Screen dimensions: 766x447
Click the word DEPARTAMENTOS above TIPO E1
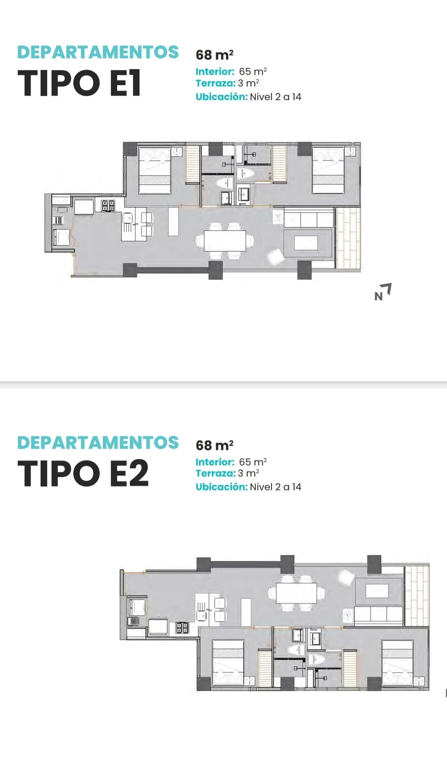98,52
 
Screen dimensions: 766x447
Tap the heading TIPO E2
83,474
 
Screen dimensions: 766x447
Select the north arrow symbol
383,292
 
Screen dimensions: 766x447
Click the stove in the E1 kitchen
108,205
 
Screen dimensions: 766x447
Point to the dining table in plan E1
225,240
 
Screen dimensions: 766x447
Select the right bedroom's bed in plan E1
328,170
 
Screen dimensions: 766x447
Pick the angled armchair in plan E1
275,256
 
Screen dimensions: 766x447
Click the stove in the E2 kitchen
182,628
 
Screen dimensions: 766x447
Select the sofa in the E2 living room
378,616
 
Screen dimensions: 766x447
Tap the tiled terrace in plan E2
417,596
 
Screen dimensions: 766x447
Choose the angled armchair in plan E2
346,577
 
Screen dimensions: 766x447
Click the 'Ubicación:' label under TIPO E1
221,97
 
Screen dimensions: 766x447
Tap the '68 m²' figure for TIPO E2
214,445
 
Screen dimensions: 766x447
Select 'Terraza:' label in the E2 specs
215,473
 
